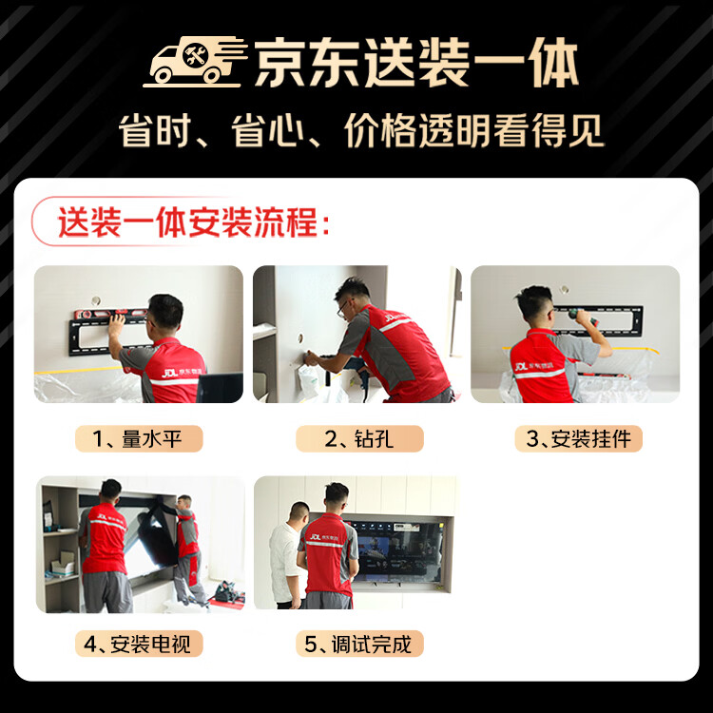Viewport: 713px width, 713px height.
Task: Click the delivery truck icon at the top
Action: tap(195, 65)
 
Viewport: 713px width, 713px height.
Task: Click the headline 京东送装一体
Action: tap(415, 66)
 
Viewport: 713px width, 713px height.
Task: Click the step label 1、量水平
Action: tap(139, 438)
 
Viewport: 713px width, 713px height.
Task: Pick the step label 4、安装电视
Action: tap(139, 644)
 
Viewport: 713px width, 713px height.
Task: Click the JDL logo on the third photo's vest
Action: tap(521, 365)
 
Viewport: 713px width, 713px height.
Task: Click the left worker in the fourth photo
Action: tap(105, 547)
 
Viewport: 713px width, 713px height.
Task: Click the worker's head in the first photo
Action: tap(165, 311)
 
